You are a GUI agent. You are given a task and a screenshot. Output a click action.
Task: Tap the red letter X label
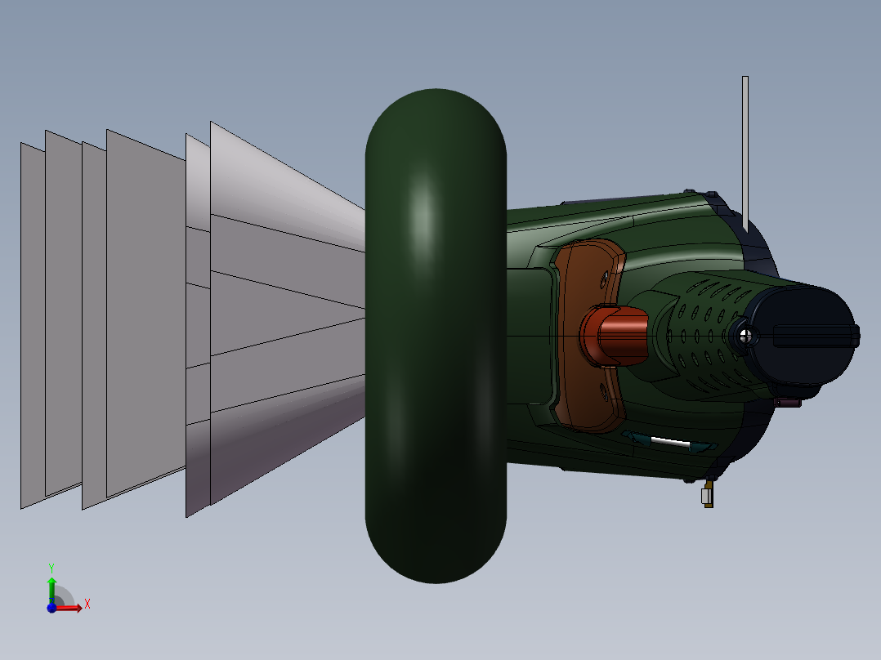tap(87, 604)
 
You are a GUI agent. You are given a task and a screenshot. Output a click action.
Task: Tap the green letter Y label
tap(51, 567)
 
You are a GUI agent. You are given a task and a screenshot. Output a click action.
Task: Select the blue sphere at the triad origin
tap(51, 608)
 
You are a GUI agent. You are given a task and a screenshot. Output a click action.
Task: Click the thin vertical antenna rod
tap(745, 147)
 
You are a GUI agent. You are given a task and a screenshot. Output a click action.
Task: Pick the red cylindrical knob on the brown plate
tap(616, 335)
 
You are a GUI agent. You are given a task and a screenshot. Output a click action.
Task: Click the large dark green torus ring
tap(436, 335)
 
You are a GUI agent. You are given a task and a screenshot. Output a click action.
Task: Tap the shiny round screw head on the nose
tap(744, 334)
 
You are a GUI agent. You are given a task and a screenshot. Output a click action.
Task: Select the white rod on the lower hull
tap(670, 442)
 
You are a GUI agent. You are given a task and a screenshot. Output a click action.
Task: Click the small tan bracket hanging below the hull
tap(707, 496)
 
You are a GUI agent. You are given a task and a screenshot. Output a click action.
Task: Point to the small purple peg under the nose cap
tap(789, 402)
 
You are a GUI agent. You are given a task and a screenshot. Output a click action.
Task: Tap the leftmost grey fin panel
tap(32, 327)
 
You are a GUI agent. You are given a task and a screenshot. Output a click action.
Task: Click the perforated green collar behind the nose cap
tap(703, 327)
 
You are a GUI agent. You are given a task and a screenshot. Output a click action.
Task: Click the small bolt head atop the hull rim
tap(712, 195)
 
